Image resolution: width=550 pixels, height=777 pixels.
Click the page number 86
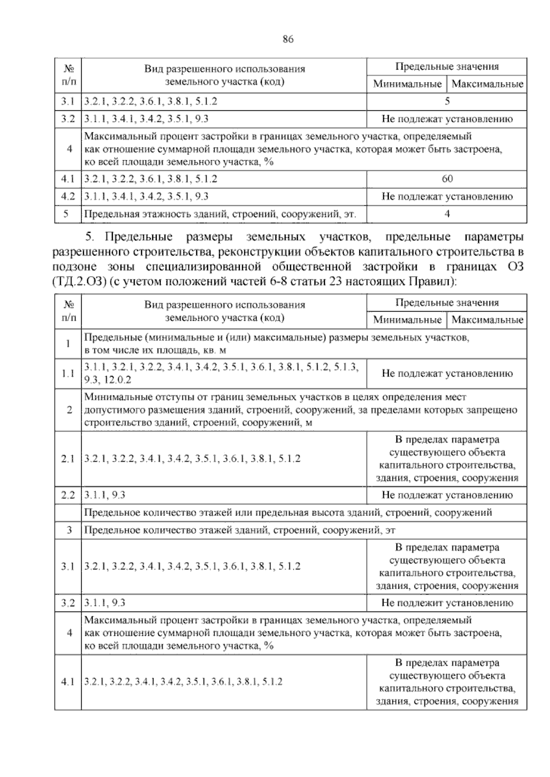click(288, 39)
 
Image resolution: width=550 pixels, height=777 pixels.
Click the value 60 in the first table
click(447, 179)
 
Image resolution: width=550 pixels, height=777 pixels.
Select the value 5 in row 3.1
click(447, 101)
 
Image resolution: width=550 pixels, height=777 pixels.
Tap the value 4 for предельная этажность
click(447, 213)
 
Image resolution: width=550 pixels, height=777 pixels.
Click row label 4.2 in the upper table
click(68, 197)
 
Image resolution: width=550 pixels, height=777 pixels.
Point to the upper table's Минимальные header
click(407, 84)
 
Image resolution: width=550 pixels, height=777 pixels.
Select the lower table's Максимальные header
click(487, 320)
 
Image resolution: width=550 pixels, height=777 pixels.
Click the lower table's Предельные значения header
click(447, 303)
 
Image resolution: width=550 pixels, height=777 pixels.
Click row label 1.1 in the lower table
click(68, 373)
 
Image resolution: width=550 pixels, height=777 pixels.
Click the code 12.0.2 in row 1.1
click(117, 380)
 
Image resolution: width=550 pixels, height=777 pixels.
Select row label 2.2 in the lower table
click(68, 495)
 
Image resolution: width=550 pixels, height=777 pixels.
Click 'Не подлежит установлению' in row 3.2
click(447, 603)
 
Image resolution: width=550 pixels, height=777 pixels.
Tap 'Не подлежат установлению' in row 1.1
click(447, 373)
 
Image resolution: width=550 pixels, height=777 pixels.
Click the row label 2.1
click(68, 459)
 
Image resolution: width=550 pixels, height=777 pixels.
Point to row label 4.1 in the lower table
click(68, 682)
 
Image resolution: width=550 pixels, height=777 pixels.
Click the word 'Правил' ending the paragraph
click(430, 281)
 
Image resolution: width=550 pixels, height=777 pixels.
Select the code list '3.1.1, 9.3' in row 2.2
click(105, 495)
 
